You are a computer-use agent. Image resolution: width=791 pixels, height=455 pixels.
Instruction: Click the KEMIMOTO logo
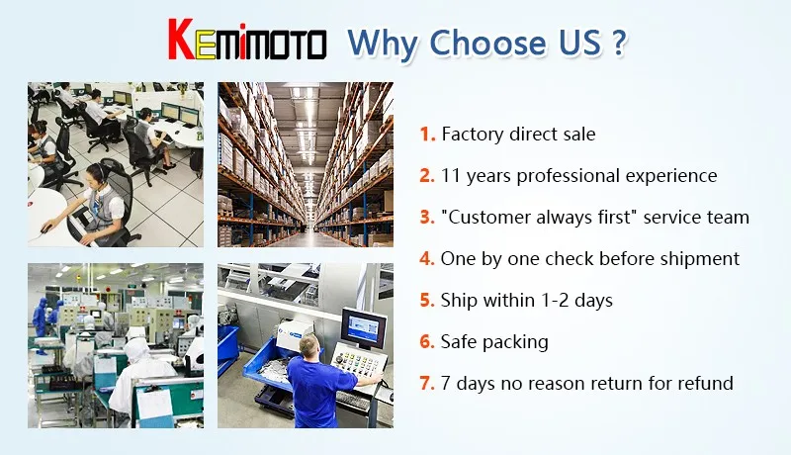pos(247,44)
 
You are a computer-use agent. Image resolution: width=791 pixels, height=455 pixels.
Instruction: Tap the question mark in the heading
pos(618,44)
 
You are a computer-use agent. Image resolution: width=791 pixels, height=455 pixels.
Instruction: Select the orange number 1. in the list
pos(427,134)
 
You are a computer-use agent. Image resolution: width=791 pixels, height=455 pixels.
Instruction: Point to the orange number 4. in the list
pos(427,258)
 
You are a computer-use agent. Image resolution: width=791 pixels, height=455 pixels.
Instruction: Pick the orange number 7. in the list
pos(427,383)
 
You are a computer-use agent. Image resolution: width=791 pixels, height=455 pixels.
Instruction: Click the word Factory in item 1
pos(473,134)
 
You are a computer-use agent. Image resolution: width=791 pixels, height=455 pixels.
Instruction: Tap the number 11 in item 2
pos(452,175)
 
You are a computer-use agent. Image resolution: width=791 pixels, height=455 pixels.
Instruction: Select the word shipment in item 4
pos(700,258)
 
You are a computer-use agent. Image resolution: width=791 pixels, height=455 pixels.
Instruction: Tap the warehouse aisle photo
pos(306,164)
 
